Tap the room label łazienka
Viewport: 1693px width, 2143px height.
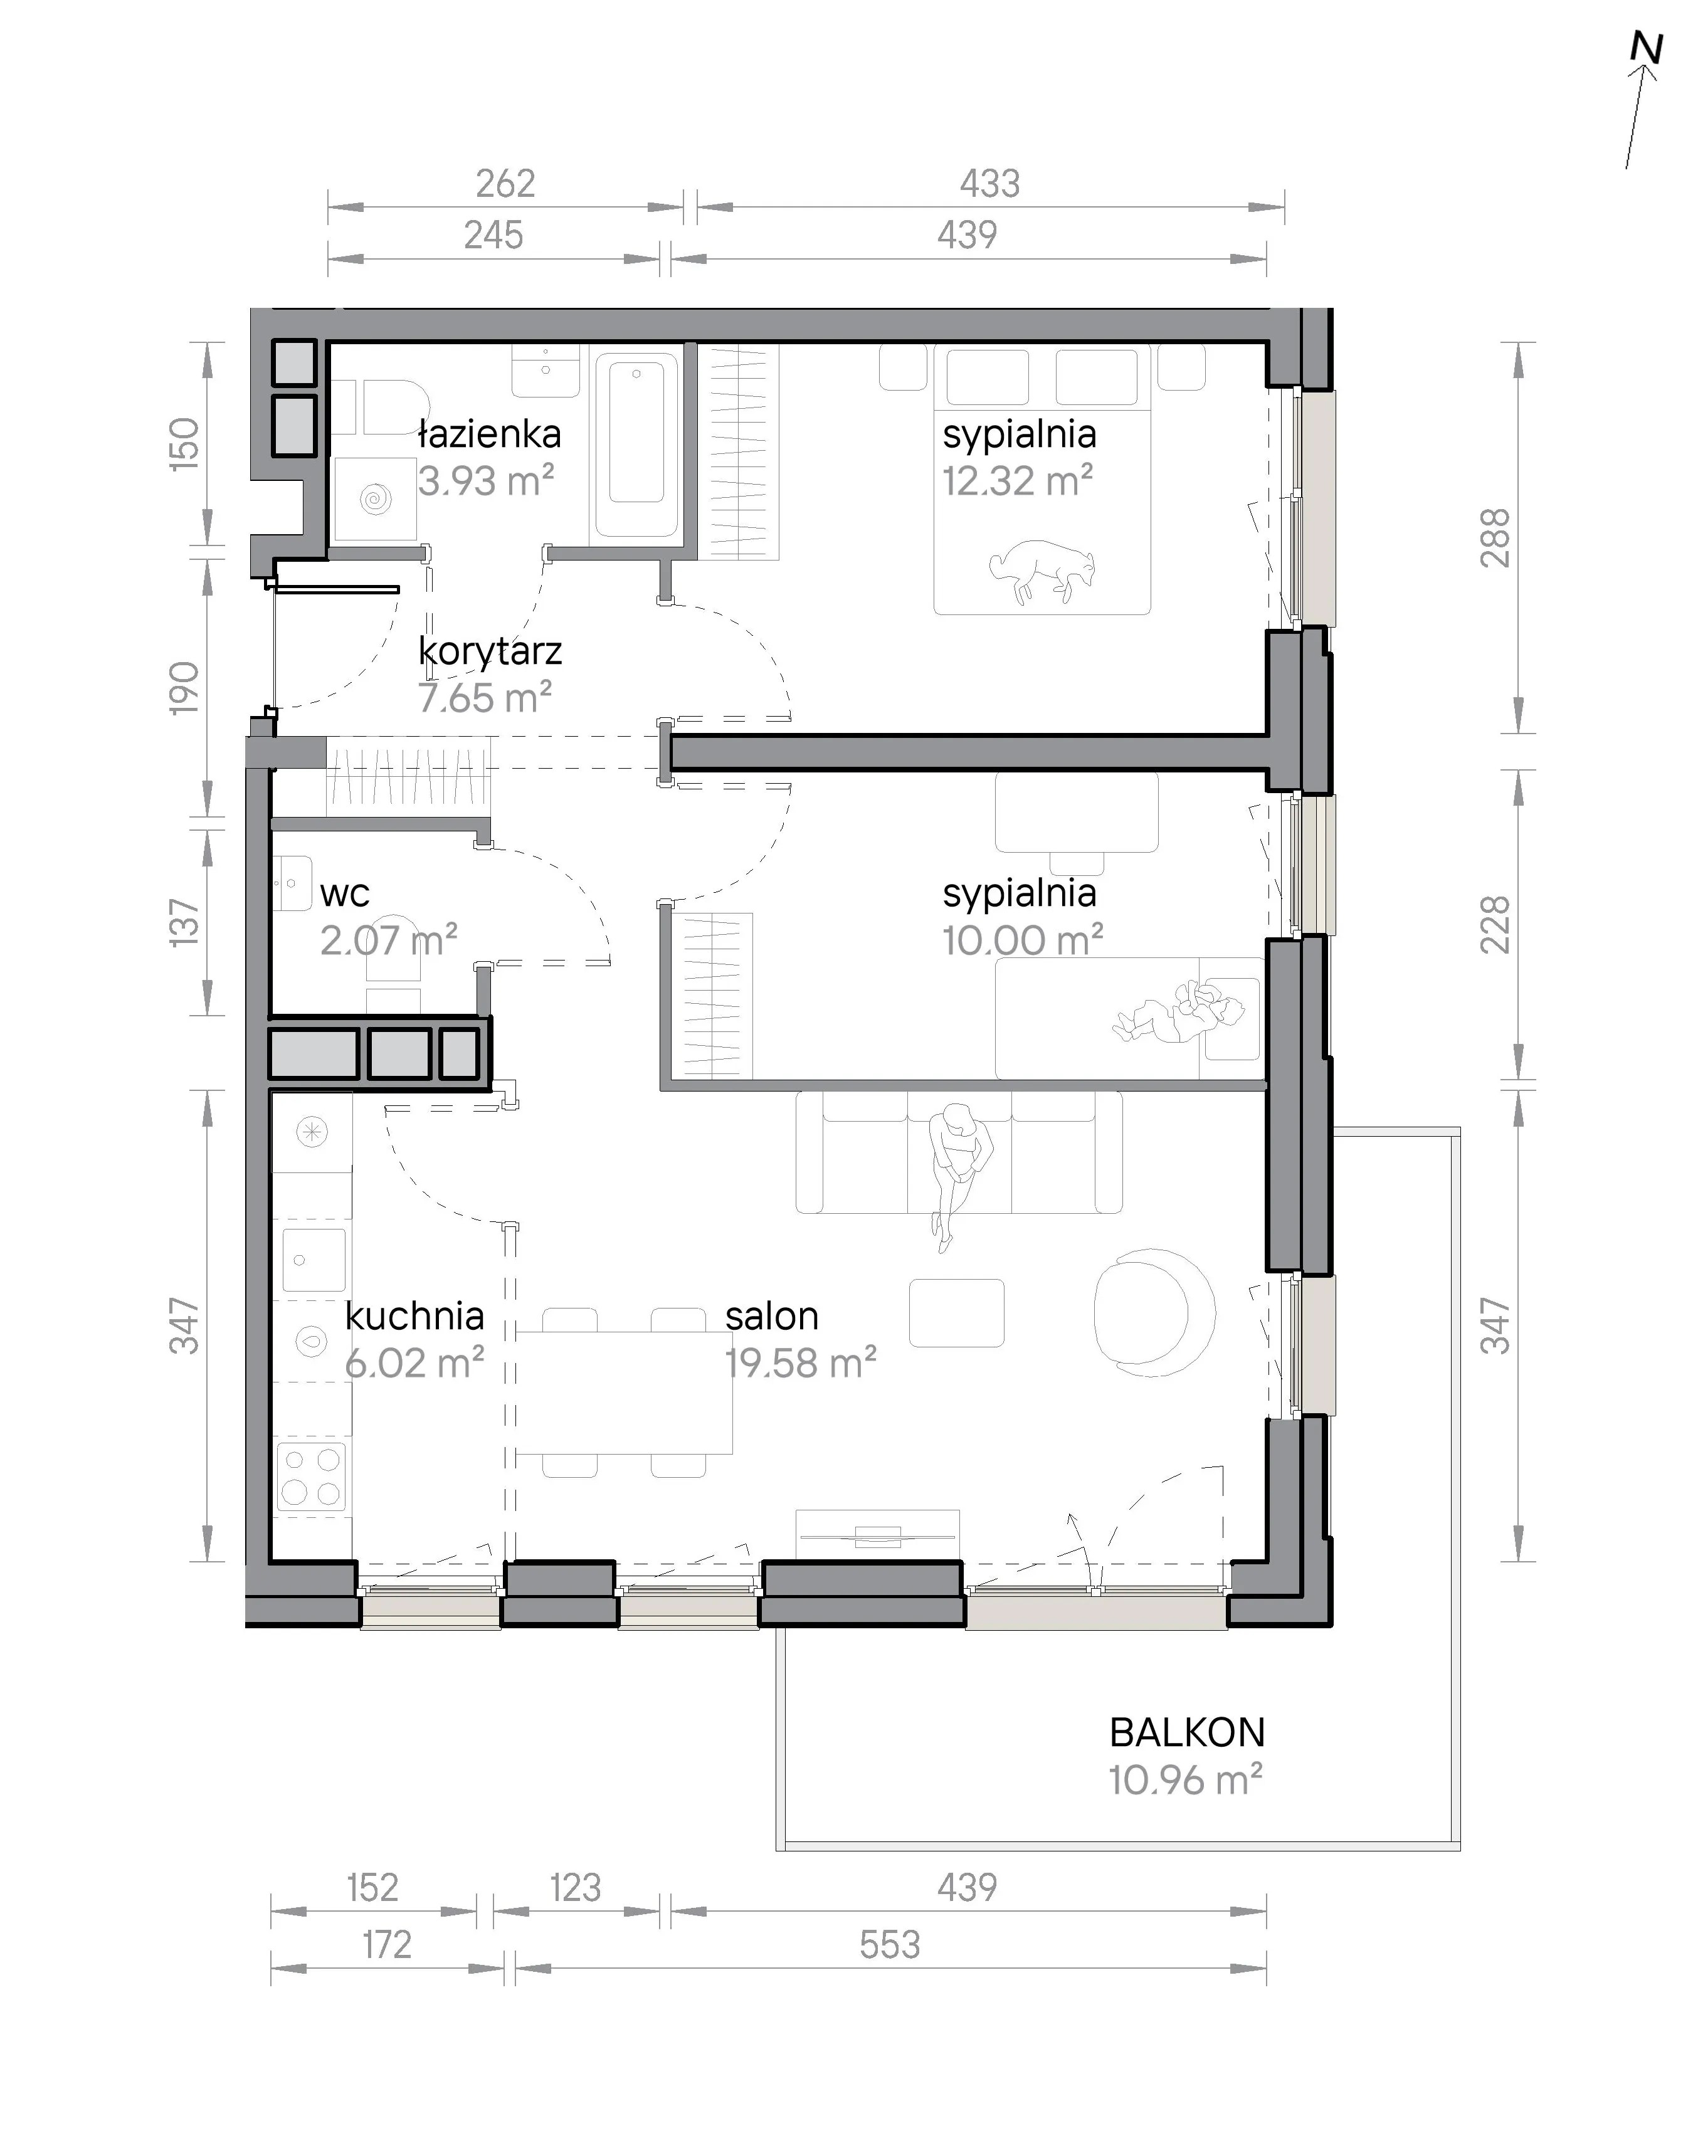[490, 434]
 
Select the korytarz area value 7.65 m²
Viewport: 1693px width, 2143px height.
[485, 698]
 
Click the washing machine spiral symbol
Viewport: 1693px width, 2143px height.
[376, 498]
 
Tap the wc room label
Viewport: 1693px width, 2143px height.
[345, 894]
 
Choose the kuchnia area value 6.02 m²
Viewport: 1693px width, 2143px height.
[414, 1363]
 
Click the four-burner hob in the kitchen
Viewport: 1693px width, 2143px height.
[311, 1476]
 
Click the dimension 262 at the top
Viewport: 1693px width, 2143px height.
[505, 183]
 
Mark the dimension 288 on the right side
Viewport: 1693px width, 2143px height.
[1495, 537]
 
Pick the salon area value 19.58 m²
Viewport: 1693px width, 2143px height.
[801, 1363]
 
